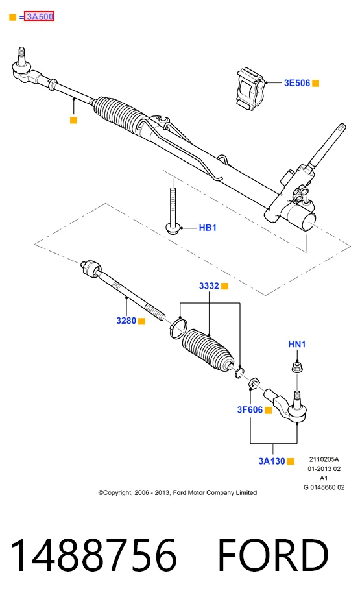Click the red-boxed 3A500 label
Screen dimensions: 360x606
click(x=39, y=17)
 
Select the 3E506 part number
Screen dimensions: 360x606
click(x=297, y=83)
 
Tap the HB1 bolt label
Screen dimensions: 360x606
click(x=208, y=228)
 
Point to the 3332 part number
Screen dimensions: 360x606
click(x=209, y=286)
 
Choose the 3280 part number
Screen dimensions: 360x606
click(x=126, y=321)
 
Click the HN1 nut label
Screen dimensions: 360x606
click(x=296, y=344)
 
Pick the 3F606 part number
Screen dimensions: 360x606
click(x=250, y=409)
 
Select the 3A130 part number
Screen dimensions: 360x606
click(x=272, y=461)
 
